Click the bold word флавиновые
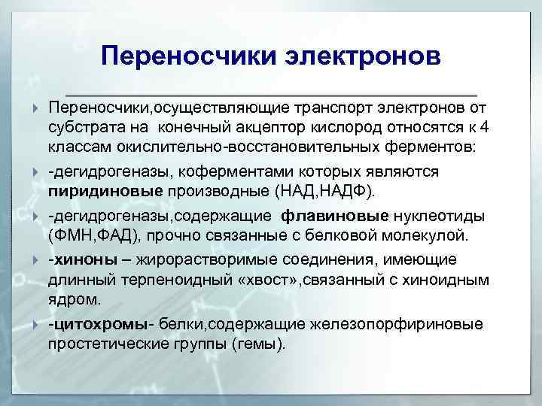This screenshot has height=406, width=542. (x=336, y=217)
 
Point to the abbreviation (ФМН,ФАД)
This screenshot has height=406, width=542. (x=94, y=235)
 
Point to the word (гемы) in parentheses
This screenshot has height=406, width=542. (x=260, y=344)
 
